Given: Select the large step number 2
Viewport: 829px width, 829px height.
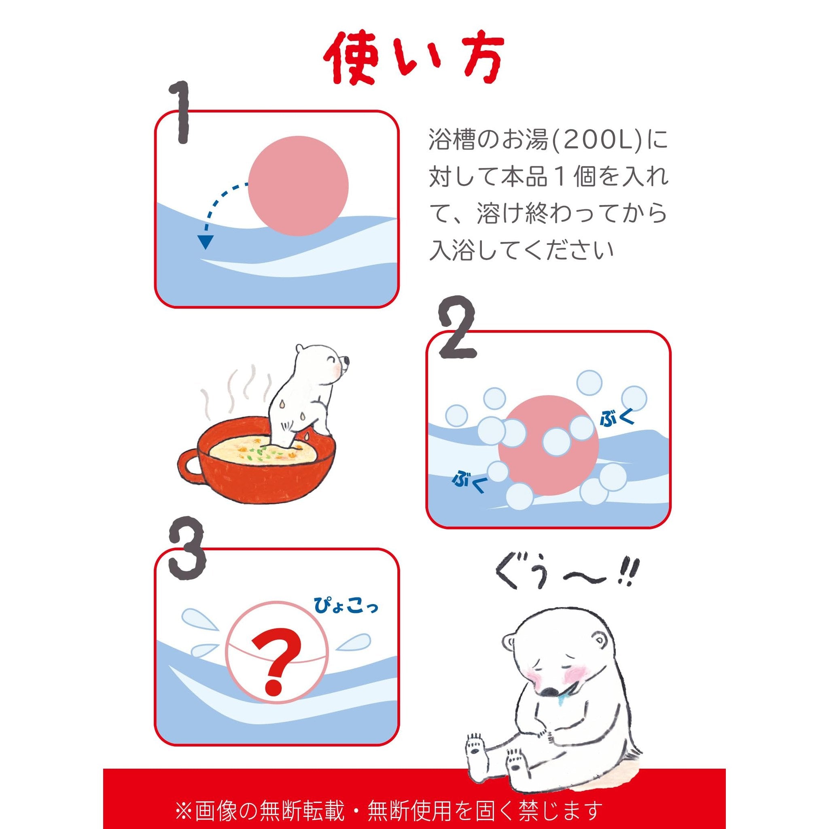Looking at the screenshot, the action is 458,327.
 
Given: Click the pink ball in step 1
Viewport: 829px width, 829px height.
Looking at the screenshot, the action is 298,186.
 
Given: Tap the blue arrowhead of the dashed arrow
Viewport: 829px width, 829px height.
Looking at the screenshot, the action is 206,242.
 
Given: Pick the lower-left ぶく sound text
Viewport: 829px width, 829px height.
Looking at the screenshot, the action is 469,483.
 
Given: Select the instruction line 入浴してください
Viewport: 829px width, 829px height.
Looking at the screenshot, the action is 522,250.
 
